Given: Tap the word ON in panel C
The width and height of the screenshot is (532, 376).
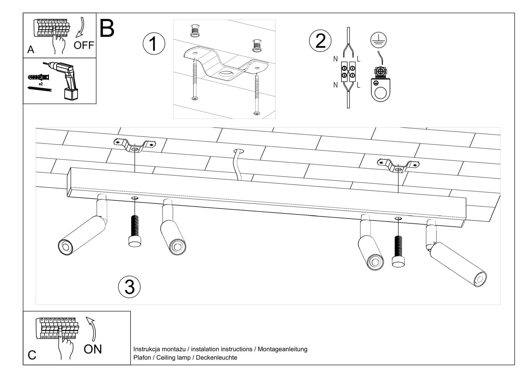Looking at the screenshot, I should tap(93, 349).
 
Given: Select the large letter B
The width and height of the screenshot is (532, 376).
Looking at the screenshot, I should tap(107, 29).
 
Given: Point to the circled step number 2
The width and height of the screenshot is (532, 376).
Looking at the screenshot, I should tap(320, 41).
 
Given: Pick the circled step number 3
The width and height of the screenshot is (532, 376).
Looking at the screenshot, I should tap(129, 287).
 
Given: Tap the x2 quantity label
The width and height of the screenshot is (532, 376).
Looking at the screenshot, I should tap(41, 84).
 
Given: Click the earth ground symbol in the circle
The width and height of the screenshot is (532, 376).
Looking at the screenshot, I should tap(378, 40).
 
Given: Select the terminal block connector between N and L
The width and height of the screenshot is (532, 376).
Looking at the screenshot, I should tap(348, 71).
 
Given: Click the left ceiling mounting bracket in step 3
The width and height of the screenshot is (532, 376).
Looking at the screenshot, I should tap(134, 146).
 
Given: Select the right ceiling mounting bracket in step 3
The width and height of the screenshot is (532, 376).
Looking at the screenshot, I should tap(398, 165).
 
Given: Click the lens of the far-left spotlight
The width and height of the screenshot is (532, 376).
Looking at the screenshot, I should tap(65, 247).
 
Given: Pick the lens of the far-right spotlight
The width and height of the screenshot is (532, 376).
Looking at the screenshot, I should tap(480, 280).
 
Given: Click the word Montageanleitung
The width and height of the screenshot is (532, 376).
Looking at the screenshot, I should tap(282, 349).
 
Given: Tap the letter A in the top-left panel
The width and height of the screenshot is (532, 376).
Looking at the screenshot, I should tap(31, 50).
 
